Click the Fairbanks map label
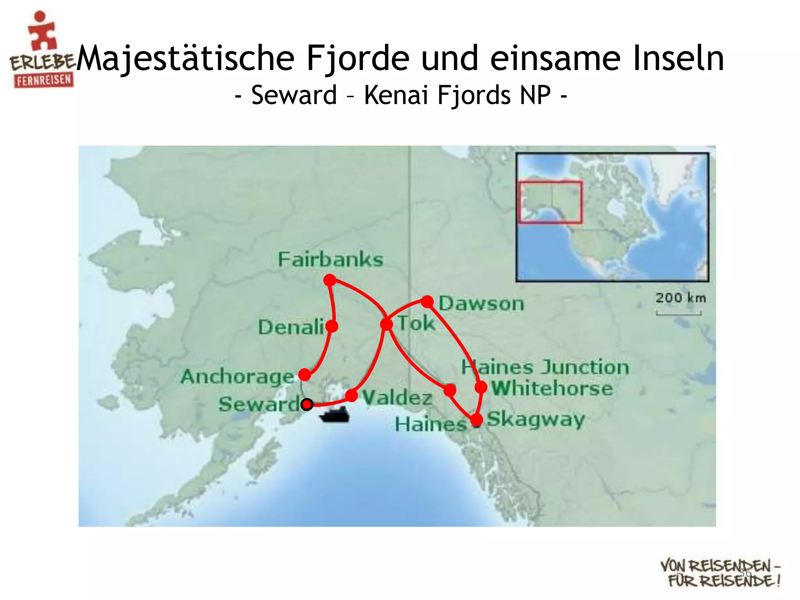click(330, 259)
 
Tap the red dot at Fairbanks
click(330, 280)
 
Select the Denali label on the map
click(291, 327)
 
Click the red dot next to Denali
click(332, 326)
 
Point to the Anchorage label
click(237, 377)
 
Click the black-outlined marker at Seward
click(307, 404)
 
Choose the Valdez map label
click(397, 398)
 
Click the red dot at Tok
click(386, 324)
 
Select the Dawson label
click(481, 304)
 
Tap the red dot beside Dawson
click(428, 301)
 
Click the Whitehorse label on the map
click(552, 388)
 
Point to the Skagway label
click(536, 420)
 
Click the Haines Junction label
click(545, 367)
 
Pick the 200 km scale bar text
click(680, 298)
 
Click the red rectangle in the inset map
click(550, 202)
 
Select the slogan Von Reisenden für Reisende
click(720, 573)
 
